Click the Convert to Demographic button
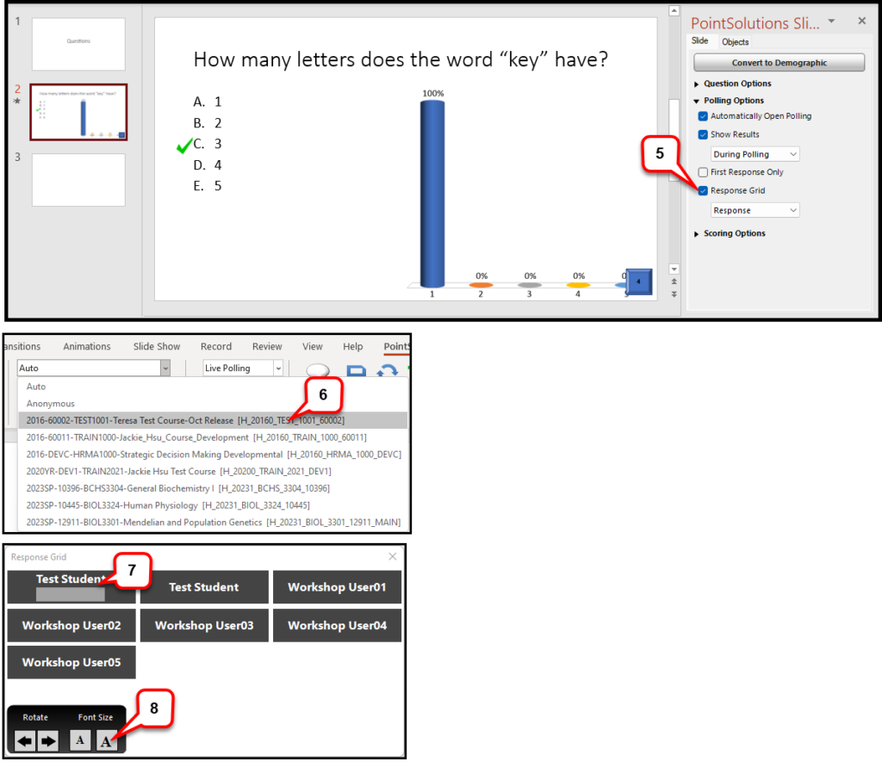(779, 63)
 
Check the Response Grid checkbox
(704, 191)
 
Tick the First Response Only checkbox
(704, 172)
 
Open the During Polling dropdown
(755, 154)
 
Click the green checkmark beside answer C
(183, 147)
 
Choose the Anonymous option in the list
(51, 404)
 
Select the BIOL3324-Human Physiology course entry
(168, 505)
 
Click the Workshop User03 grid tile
(204, 626)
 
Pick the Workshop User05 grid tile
(71, 663)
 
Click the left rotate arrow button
(25, 740)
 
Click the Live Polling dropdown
(243, 368)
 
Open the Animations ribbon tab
(87, 347)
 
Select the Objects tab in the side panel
(735, 42)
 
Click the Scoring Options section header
(734, 233)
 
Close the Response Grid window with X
(393, 557)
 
